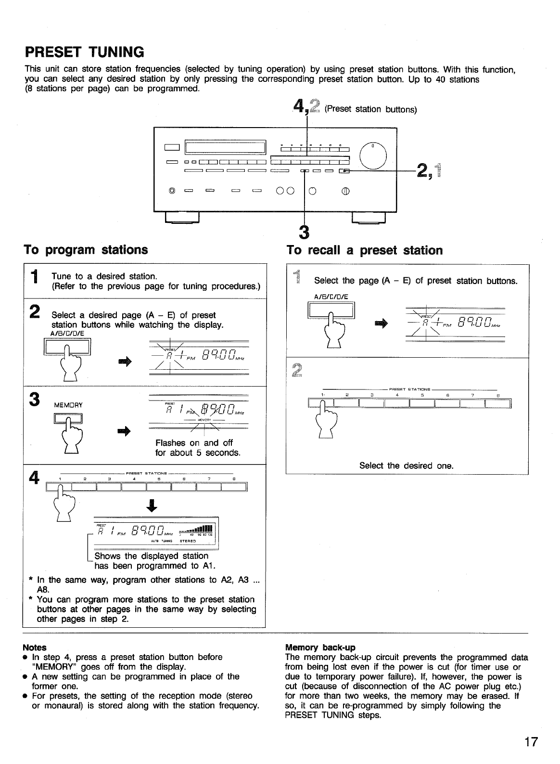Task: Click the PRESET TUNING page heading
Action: click(84, 51)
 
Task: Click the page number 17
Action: click(531, 742)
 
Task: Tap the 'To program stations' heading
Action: click(86, 249)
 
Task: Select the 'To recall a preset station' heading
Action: click(364, 250)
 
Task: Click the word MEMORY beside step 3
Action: click(67, 405)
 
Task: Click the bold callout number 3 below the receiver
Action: click(304, 232)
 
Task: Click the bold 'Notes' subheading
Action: click(35, 647)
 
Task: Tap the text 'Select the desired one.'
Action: click(407, 466)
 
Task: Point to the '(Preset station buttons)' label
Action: click(370, 109)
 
